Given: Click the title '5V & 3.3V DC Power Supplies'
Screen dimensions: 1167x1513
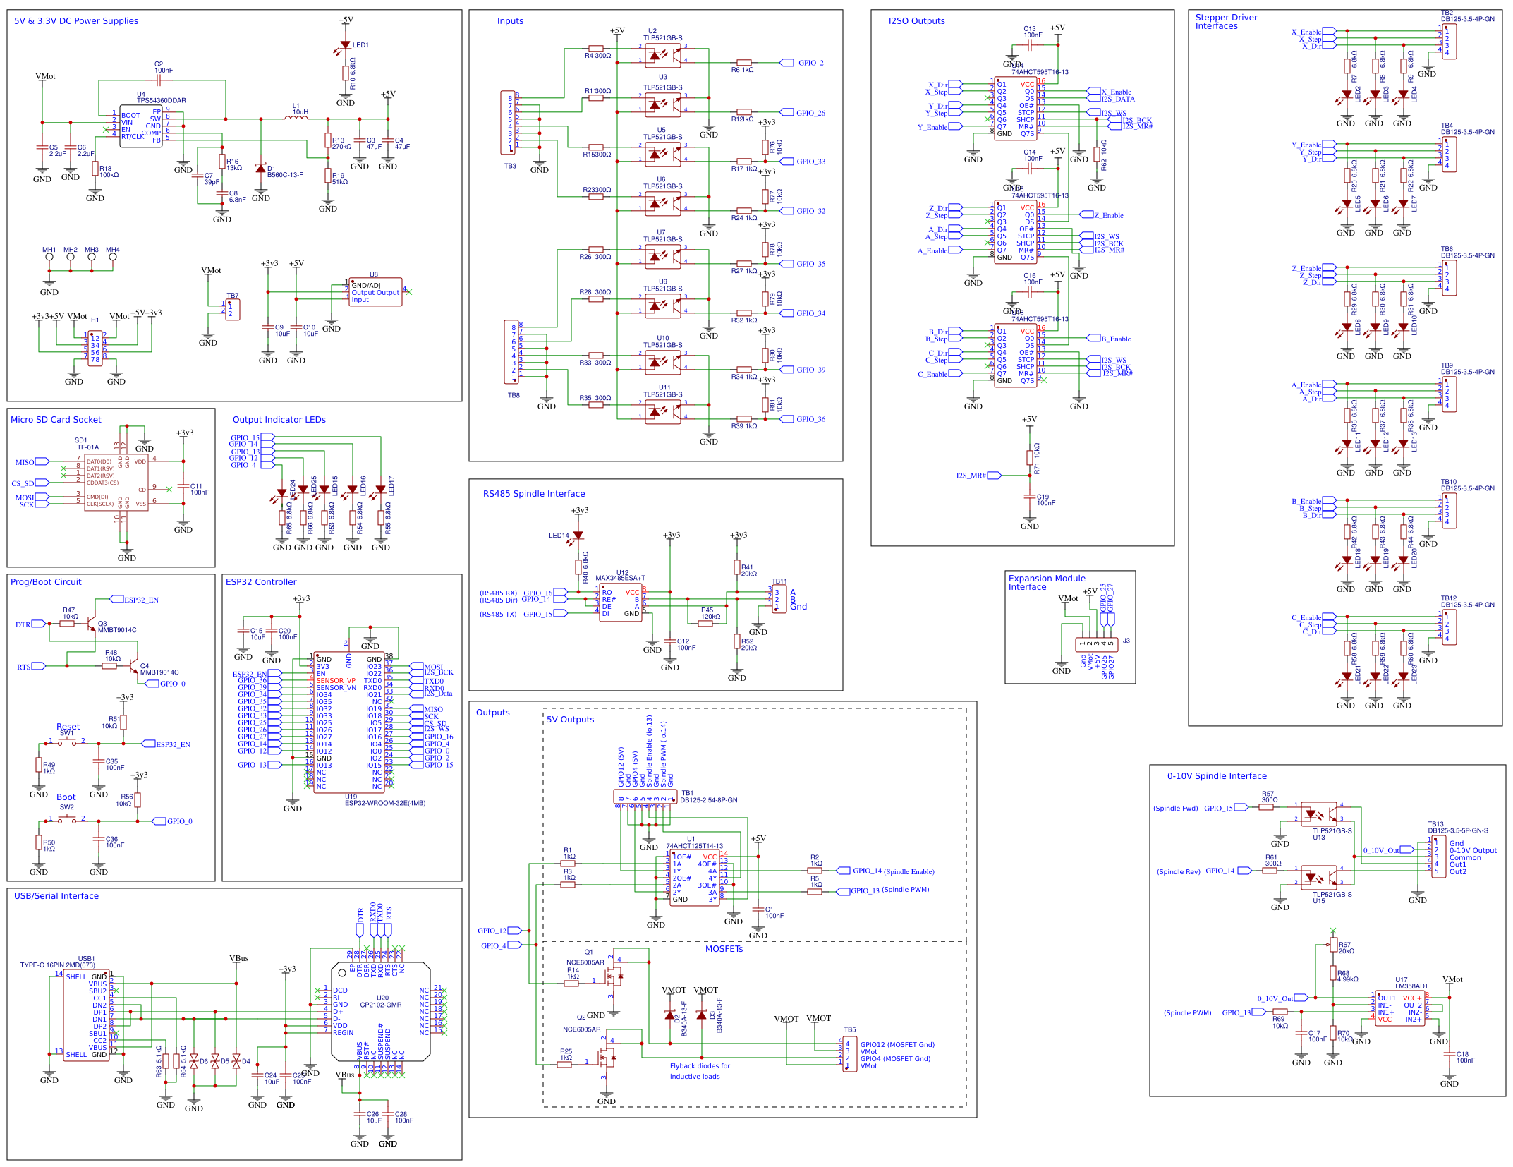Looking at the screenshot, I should coord(76,21).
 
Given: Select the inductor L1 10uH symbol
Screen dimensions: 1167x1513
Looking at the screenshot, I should coord(296,118).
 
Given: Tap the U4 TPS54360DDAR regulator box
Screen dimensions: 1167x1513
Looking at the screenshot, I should coord(140,125).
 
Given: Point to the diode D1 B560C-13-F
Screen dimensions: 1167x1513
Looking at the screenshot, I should coord(261,169).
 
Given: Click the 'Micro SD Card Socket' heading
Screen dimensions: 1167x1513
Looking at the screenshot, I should coord(56,420).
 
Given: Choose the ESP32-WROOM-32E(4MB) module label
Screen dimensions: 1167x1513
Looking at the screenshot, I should coord(385,803).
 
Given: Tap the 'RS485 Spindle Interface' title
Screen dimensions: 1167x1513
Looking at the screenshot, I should coord(534,494).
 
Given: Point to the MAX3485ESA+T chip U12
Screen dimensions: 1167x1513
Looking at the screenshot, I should coord(620,603).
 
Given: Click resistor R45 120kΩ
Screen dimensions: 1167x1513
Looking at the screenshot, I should coord(705,623).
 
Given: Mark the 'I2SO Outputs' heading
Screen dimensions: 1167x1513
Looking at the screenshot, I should coord(916,21).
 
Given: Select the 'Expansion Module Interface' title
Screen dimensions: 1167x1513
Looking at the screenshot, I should coord(1047,582).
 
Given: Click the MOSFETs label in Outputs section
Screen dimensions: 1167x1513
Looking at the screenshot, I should coord(724,949).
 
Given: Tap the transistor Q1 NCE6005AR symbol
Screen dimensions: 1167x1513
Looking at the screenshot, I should coord(613,978).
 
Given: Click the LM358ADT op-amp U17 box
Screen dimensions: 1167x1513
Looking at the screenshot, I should coord(1399,1008).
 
